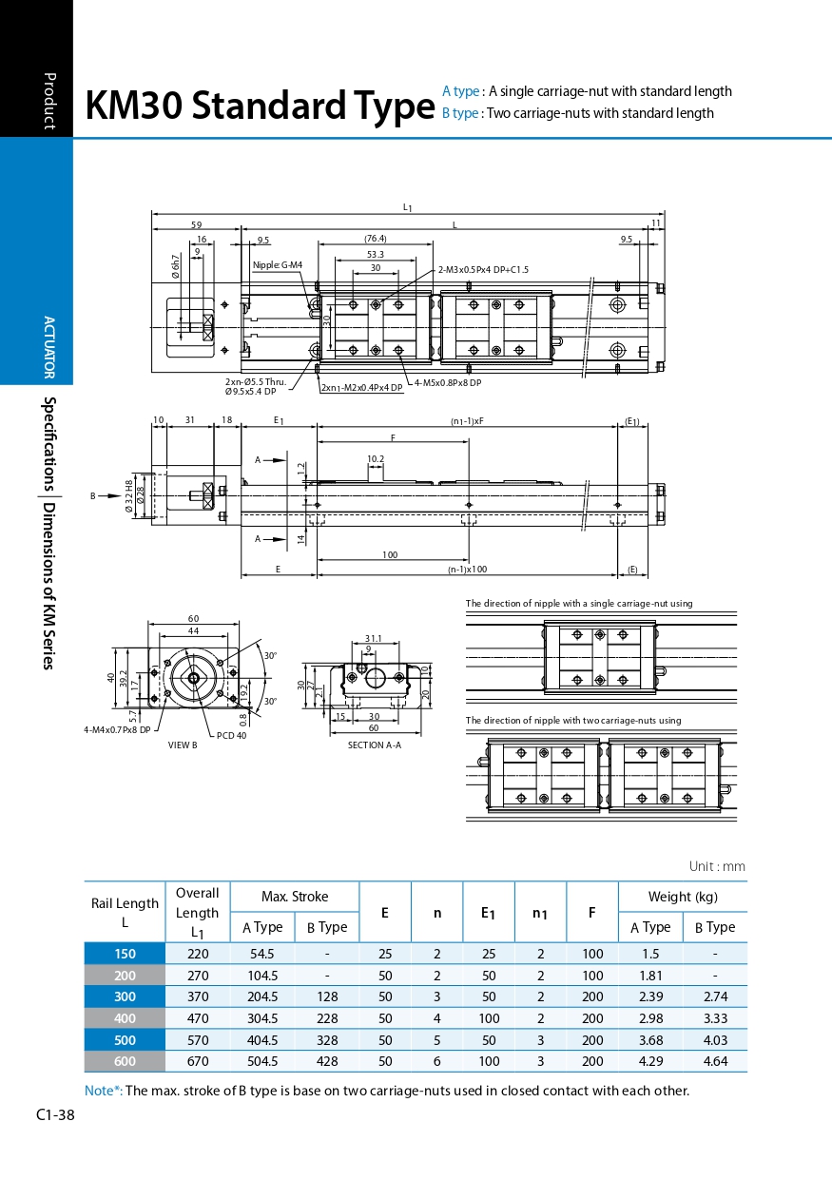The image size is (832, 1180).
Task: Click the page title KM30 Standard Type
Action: [259, 106]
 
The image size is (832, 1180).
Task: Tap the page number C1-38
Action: [55, 1114]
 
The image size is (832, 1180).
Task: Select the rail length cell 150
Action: [125, 954]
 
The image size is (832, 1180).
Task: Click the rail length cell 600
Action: [125, 1061]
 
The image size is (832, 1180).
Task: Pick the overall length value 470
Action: [197, 1018]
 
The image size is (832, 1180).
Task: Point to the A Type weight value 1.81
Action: [650, 976]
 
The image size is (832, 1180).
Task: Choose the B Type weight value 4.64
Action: [715, 1061]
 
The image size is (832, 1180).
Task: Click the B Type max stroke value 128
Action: [327, 996]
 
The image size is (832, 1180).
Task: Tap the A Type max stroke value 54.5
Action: [261, 954]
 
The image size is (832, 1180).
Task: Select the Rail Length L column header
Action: [125, 912]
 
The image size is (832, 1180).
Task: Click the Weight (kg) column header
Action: [683, 897]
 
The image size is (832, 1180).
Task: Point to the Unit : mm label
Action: [717, 866]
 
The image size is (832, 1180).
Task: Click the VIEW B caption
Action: [183, 745]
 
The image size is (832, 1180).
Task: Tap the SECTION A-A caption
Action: [375, 745]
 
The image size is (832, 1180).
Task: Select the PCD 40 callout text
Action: [231, 735]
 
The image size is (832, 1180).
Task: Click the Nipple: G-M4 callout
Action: [278, 265]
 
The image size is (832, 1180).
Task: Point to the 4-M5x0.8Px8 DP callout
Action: [449, 382]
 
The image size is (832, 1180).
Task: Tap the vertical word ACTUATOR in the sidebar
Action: [49, 347]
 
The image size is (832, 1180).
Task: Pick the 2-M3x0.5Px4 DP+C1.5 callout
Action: [483, 270]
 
